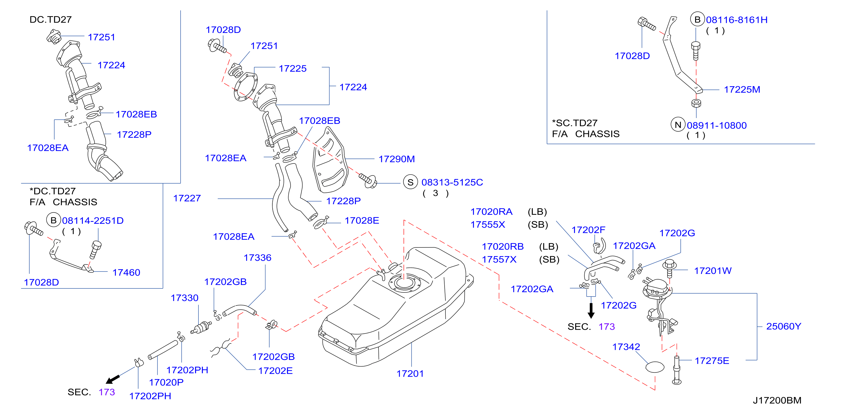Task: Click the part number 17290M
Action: click(397, 159)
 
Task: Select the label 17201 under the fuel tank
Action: click(410, 374)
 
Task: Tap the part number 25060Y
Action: click(783, 326)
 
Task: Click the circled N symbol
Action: click(678, 124)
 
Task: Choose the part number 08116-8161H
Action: click(737, 20)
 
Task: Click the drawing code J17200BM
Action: click(777, 400)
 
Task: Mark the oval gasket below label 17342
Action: click(655, 367)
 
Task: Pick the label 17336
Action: click(257, 258)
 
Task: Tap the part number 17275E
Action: click(712, 361)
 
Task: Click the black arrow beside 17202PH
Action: click(113, 379)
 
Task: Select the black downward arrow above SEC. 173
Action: click(591, 310)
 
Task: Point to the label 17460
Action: click(126, 273)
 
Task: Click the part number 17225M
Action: click(742, 90)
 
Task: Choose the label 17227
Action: click(187, 198)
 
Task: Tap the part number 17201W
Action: click(713, 271)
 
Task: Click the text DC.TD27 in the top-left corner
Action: click(50, 20)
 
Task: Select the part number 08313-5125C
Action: click(452, 182)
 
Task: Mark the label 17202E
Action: click(275, 371)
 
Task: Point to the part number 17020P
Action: click(166, 382)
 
